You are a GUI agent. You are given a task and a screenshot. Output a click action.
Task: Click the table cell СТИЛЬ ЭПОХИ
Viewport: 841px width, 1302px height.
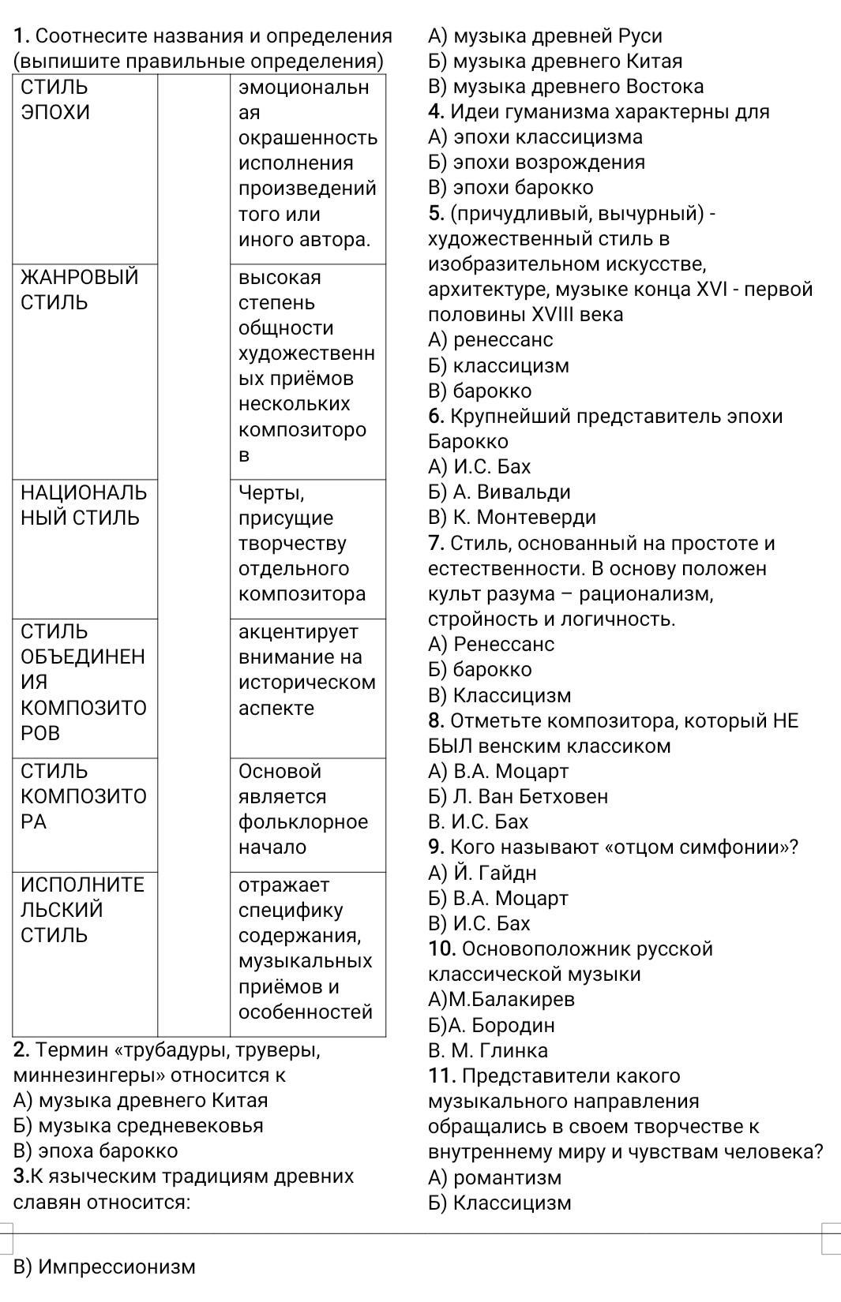click(x=55, y=99)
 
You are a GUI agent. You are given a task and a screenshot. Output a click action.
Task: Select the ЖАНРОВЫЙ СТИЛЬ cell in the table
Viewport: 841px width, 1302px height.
click(x=79, y=290)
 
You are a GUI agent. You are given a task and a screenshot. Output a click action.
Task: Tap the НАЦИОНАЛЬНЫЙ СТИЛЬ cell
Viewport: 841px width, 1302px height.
click(x=83, y=505)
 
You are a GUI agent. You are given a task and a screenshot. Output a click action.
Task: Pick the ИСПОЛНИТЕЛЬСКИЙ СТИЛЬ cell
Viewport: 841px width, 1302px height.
click(x=82, y=910)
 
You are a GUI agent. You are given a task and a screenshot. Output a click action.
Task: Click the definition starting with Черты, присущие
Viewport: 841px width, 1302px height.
click(x=302, y=544)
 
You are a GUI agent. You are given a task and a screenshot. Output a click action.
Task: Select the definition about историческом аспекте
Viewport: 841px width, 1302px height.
click(x=306, y=670)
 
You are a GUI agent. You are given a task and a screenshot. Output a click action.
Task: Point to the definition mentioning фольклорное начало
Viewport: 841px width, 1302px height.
click(x=303, y=809)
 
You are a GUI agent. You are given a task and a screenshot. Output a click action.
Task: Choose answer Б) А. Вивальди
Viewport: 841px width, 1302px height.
click(x=499, y=492)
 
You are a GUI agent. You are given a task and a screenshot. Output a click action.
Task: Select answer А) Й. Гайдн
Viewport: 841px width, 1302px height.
click(x=482, y=873)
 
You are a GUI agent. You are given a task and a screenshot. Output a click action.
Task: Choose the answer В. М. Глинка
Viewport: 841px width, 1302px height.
click(x=487, y=1050)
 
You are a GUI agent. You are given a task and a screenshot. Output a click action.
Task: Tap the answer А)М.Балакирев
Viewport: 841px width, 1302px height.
click(x=501, y=999)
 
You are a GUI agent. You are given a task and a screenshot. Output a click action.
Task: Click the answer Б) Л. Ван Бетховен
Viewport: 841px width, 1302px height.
click(x=518, y=796)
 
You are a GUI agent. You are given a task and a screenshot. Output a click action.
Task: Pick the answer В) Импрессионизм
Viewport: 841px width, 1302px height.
click(x=104, y=1266)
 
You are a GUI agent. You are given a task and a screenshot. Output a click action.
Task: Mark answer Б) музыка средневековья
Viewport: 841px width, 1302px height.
click(x=139, y=1125)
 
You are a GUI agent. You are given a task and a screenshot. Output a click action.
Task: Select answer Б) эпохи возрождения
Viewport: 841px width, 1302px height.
click(x=536, y=162)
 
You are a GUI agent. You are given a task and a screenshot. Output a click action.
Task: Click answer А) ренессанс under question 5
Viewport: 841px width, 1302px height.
click(x=490, y=340)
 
